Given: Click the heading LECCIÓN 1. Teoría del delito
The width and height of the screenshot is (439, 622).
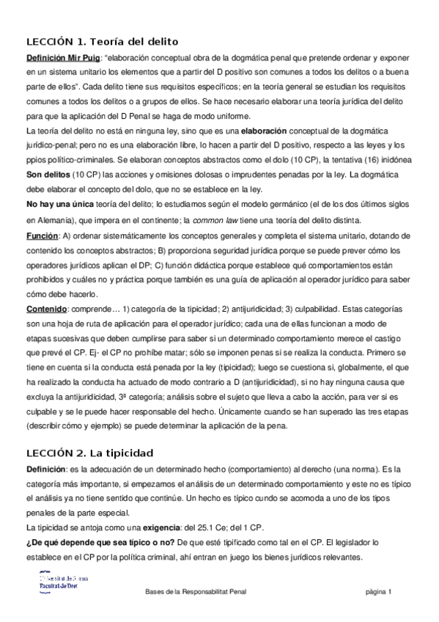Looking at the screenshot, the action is [102, 41].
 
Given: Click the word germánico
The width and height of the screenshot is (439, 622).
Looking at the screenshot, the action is [275, 203].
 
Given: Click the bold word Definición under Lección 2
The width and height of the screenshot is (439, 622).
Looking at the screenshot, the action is [45, 469].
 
